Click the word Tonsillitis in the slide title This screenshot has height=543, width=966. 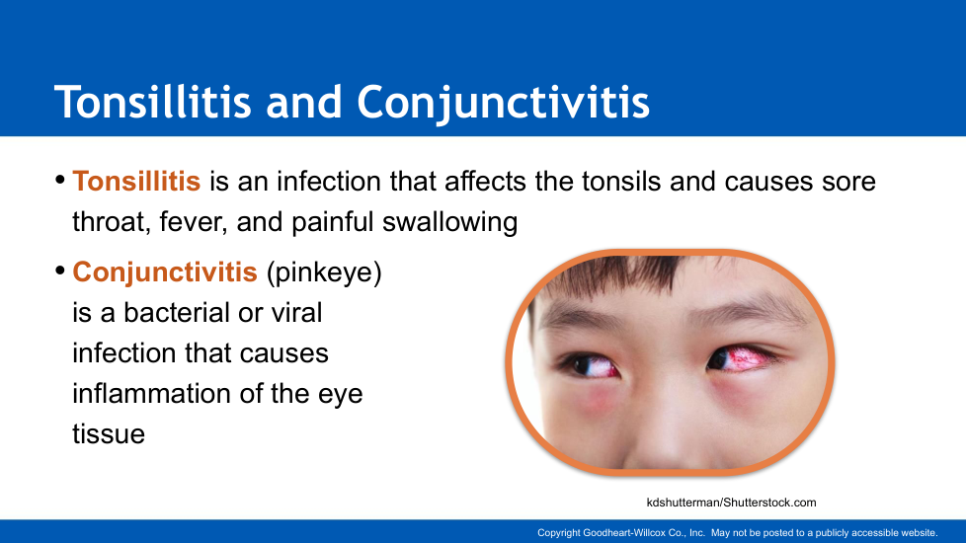pyautogui.click(x=153, y=102)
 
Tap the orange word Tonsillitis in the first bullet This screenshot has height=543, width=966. pyautogui.click(x=136, y=181)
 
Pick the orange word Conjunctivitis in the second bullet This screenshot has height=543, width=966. pyautogui.click(x=165, y=271)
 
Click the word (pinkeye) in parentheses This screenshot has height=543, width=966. pyautogui.click(x=324, y=272)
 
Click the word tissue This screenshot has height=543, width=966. pyautogui.click(x=109, y=434)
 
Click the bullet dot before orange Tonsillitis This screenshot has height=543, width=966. pyautogui.click(x=60, y=180)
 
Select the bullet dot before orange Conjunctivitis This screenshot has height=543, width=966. pyautogui.click(x=60, y=271)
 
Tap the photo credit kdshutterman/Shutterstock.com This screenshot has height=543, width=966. pyautogui.click(x=731, y=503)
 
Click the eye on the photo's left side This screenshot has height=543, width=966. pyautogui.click(x=593, y=367)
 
